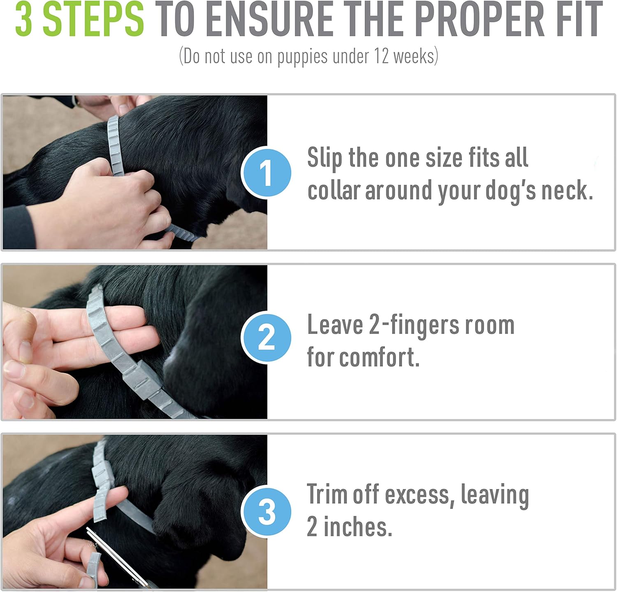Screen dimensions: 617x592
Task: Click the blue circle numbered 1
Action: coord(266,172)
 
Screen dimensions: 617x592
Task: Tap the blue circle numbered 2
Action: coord(266,338)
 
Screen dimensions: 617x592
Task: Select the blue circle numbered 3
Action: coord(266,511)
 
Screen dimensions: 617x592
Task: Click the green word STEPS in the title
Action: coord(93,19)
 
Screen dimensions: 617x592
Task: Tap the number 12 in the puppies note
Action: coord(381,56)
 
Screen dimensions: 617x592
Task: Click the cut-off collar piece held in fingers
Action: coord(93,570)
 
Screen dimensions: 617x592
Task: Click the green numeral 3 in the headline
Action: coord(24,19)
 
